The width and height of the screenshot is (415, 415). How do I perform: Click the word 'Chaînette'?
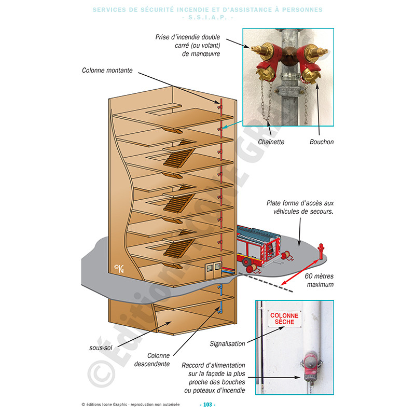click(x=271, y=142)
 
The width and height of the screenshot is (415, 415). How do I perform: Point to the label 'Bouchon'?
click(x=322, y=142)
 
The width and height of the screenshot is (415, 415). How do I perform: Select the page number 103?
click(x=207, y=405)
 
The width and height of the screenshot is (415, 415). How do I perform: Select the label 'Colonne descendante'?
click(x=159, y=359)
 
